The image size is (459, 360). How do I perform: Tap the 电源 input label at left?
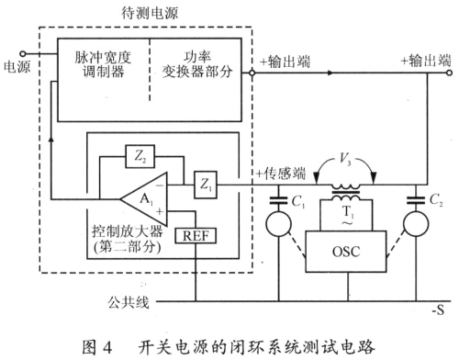pyautogui.click(x=16, y=68)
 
